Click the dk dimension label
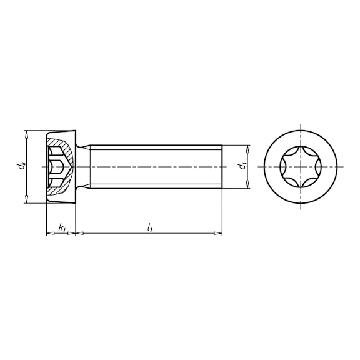(22, 166)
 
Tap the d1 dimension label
(242, 166)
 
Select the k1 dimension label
(62, 228)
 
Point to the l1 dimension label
(150, 228)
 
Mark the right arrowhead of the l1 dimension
(218, 234)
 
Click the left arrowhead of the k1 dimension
(51, 234)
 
